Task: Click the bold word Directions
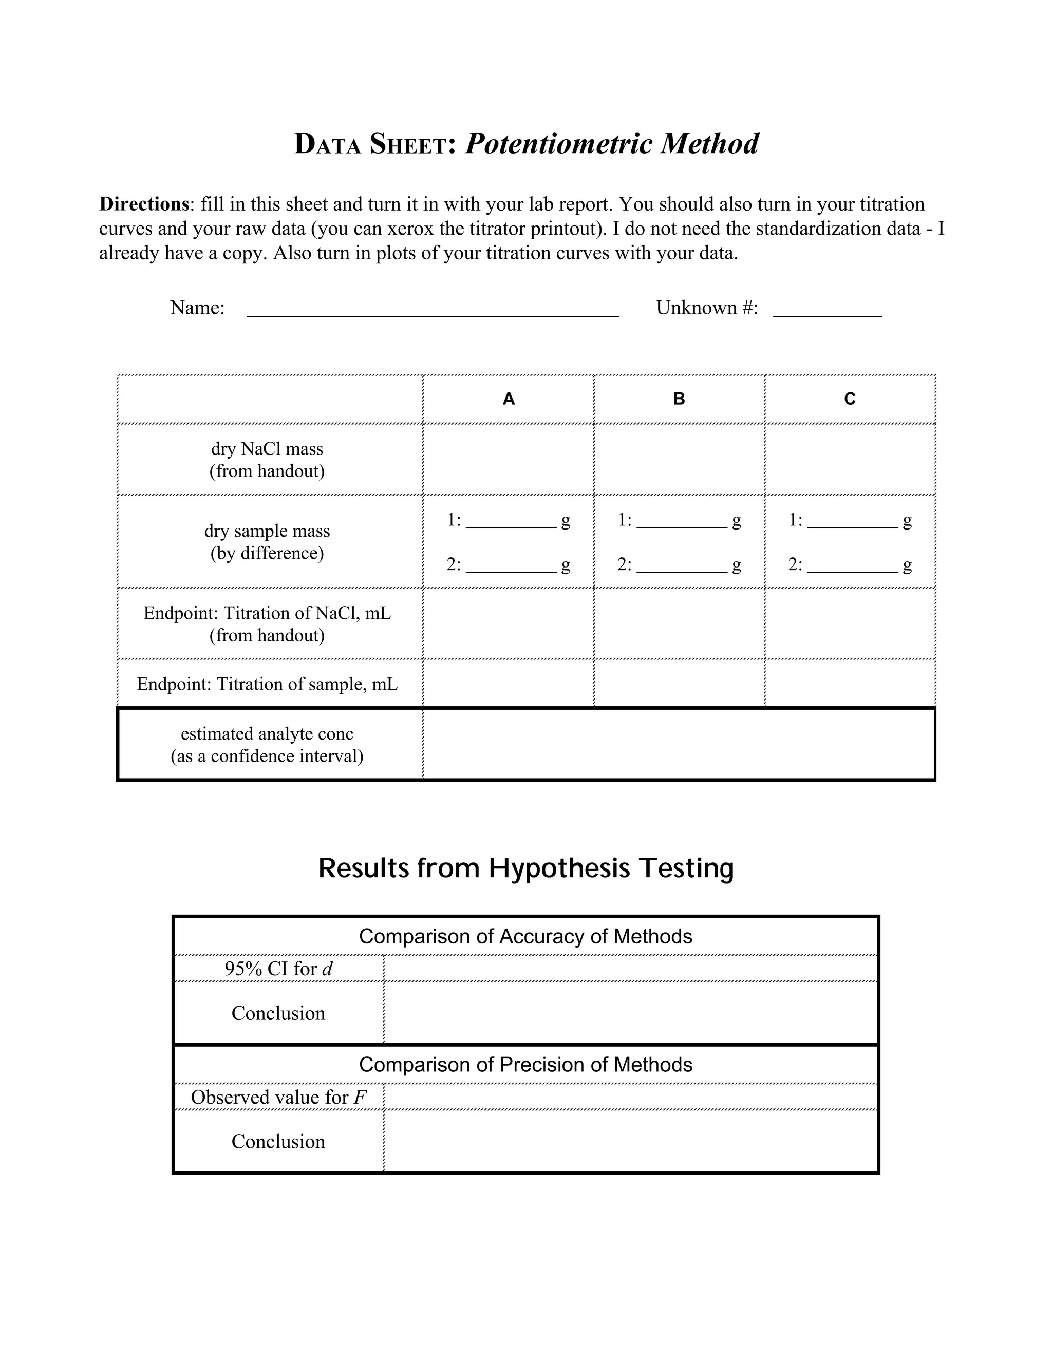[144, 204]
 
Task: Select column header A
[509, 399]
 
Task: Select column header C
[850, 399]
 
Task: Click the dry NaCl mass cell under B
[679, 460]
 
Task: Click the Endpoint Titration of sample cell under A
[509, 684]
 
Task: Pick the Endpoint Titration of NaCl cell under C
[850, 624]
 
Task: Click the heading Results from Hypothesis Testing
[526, 868]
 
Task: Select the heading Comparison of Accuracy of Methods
[525, 937]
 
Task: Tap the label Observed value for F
[278, 1098]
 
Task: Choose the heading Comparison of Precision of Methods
[525, 1065]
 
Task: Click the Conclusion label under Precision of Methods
[278, 1142]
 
